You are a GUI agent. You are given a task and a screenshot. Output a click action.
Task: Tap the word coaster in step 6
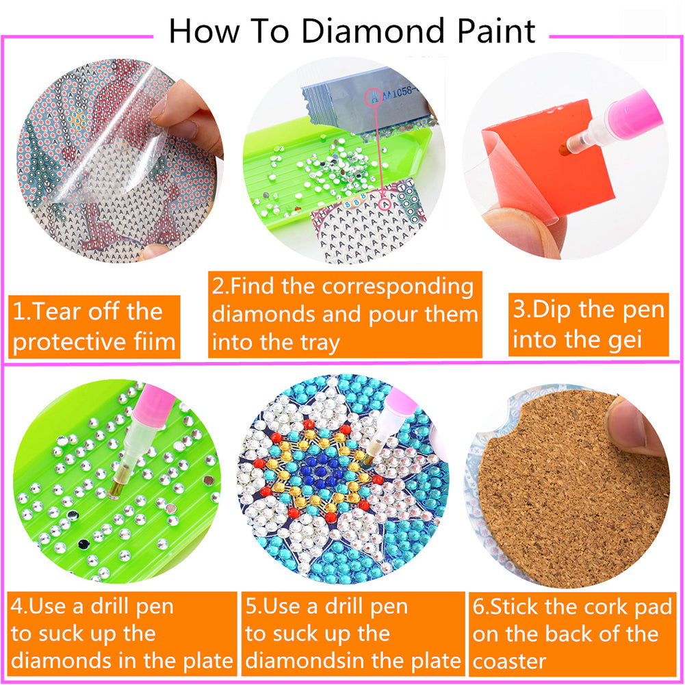(509, 661)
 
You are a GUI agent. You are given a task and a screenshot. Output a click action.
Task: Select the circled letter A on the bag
(374, 97)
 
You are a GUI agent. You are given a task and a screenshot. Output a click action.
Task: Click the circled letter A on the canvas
(385, 203)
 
